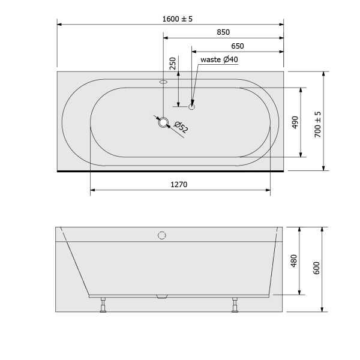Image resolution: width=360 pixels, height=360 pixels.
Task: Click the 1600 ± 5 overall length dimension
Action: click(177, 19)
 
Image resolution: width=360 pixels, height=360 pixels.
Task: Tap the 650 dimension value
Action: click(237, 46)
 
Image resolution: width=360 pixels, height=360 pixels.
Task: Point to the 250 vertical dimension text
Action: click(173, 64)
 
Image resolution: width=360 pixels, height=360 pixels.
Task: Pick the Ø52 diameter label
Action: click(181, 127)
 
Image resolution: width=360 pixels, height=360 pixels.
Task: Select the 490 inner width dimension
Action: click(295, 122)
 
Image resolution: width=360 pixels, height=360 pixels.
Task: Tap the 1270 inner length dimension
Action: click(179, 185)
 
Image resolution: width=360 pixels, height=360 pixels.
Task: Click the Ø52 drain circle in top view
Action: click(163, 124)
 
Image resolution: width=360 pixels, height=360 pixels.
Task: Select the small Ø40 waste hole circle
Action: click(192, 107)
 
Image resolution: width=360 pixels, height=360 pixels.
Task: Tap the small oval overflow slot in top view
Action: click(163, 82)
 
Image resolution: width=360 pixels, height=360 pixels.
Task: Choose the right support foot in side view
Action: click(235, 305)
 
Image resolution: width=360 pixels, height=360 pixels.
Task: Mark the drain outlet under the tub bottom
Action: click(161, 297)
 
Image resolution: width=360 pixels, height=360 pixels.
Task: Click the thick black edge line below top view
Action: click(170, 170)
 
